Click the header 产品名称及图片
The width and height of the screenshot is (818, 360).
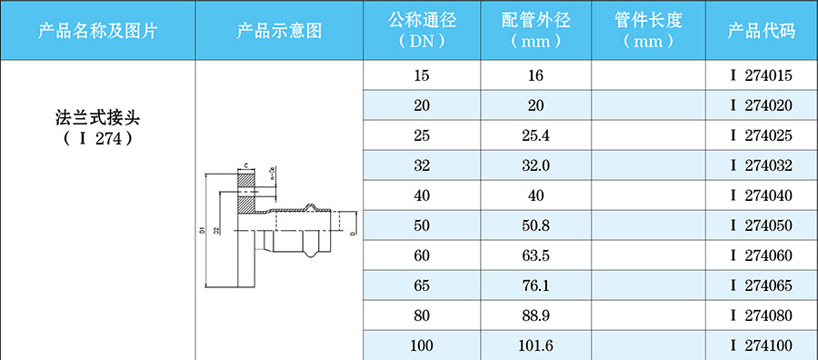click(98, 31)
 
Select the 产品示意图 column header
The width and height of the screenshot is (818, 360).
click(280, 31)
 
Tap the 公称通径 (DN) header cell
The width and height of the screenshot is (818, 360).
click(422, 31)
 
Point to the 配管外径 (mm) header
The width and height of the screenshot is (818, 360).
click(536, 31)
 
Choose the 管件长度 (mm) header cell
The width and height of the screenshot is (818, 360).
click(649, 31)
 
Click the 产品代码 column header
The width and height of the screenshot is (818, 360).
click(762, 31)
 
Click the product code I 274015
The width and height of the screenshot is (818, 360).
click(762, 75)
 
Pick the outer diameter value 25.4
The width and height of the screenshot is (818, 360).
click(536, 135)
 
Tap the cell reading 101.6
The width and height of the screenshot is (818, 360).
click(536, 345)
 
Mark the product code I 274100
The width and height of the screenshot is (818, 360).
click(762, 345)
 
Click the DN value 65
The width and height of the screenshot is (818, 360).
click(422, 285)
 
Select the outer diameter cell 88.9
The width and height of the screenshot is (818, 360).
click(536, 315)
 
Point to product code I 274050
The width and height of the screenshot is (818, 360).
click(762, 225)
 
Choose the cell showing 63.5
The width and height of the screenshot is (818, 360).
click(536, 255)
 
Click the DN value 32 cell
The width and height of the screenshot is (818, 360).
click(422, 165)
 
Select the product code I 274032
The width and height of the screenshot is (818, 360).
click(762, 165)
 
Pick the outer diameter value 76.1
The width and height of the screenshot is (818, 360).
click(536, 285)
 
